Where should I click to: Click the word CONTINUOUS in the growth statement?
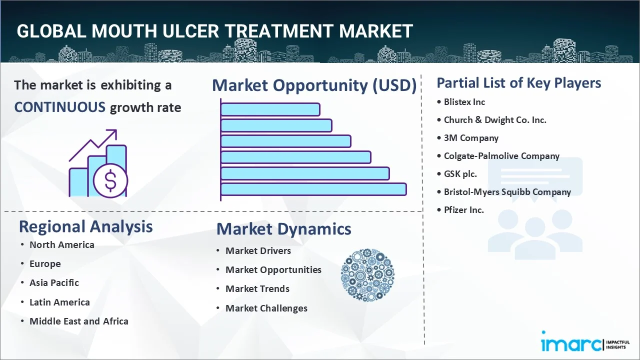pos(59,107)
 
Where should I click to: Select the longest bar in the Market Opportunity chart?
pos(313,189)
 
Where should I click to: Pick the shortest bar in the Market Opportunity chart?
pos(270,109)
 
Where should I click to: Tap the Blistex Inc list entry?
pos(464,102)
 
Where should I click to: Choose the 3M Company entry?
pos(471,138)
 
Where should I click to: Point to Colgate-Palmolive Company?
pos(501,156)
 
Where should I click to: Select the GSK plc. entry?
pos(460,174)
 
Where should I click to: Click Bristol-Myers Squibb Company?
pos(507,192)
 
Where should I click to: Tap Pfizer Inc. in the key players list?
pos(463,210)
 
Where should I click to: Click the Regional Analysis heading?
pos(85,226)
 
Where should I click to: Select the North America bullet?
pos(62,245)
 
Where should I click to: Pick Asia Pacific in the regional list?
pos(54,283)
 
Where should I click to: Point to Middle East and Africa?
pos(79,321)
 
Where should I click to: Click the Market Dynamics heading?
pos(283,229)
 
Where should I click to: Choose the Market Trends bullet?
pos(257,289)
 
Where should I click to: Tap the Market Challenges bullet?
pos(266,308)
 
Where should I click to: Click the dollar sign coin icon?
pos(110,181)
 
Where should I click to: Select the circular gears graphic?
pos(367,275)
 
